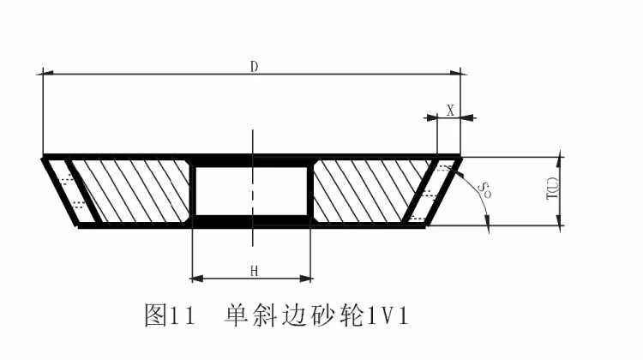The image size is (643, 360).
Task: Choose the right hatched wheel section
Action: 369,191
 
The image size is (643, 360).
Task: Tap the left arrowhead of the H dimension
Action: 196,278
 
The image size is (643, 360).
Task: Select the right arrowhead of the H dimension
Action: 306,278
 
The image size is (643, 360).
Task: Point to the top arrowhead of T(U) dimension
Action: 559,160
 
